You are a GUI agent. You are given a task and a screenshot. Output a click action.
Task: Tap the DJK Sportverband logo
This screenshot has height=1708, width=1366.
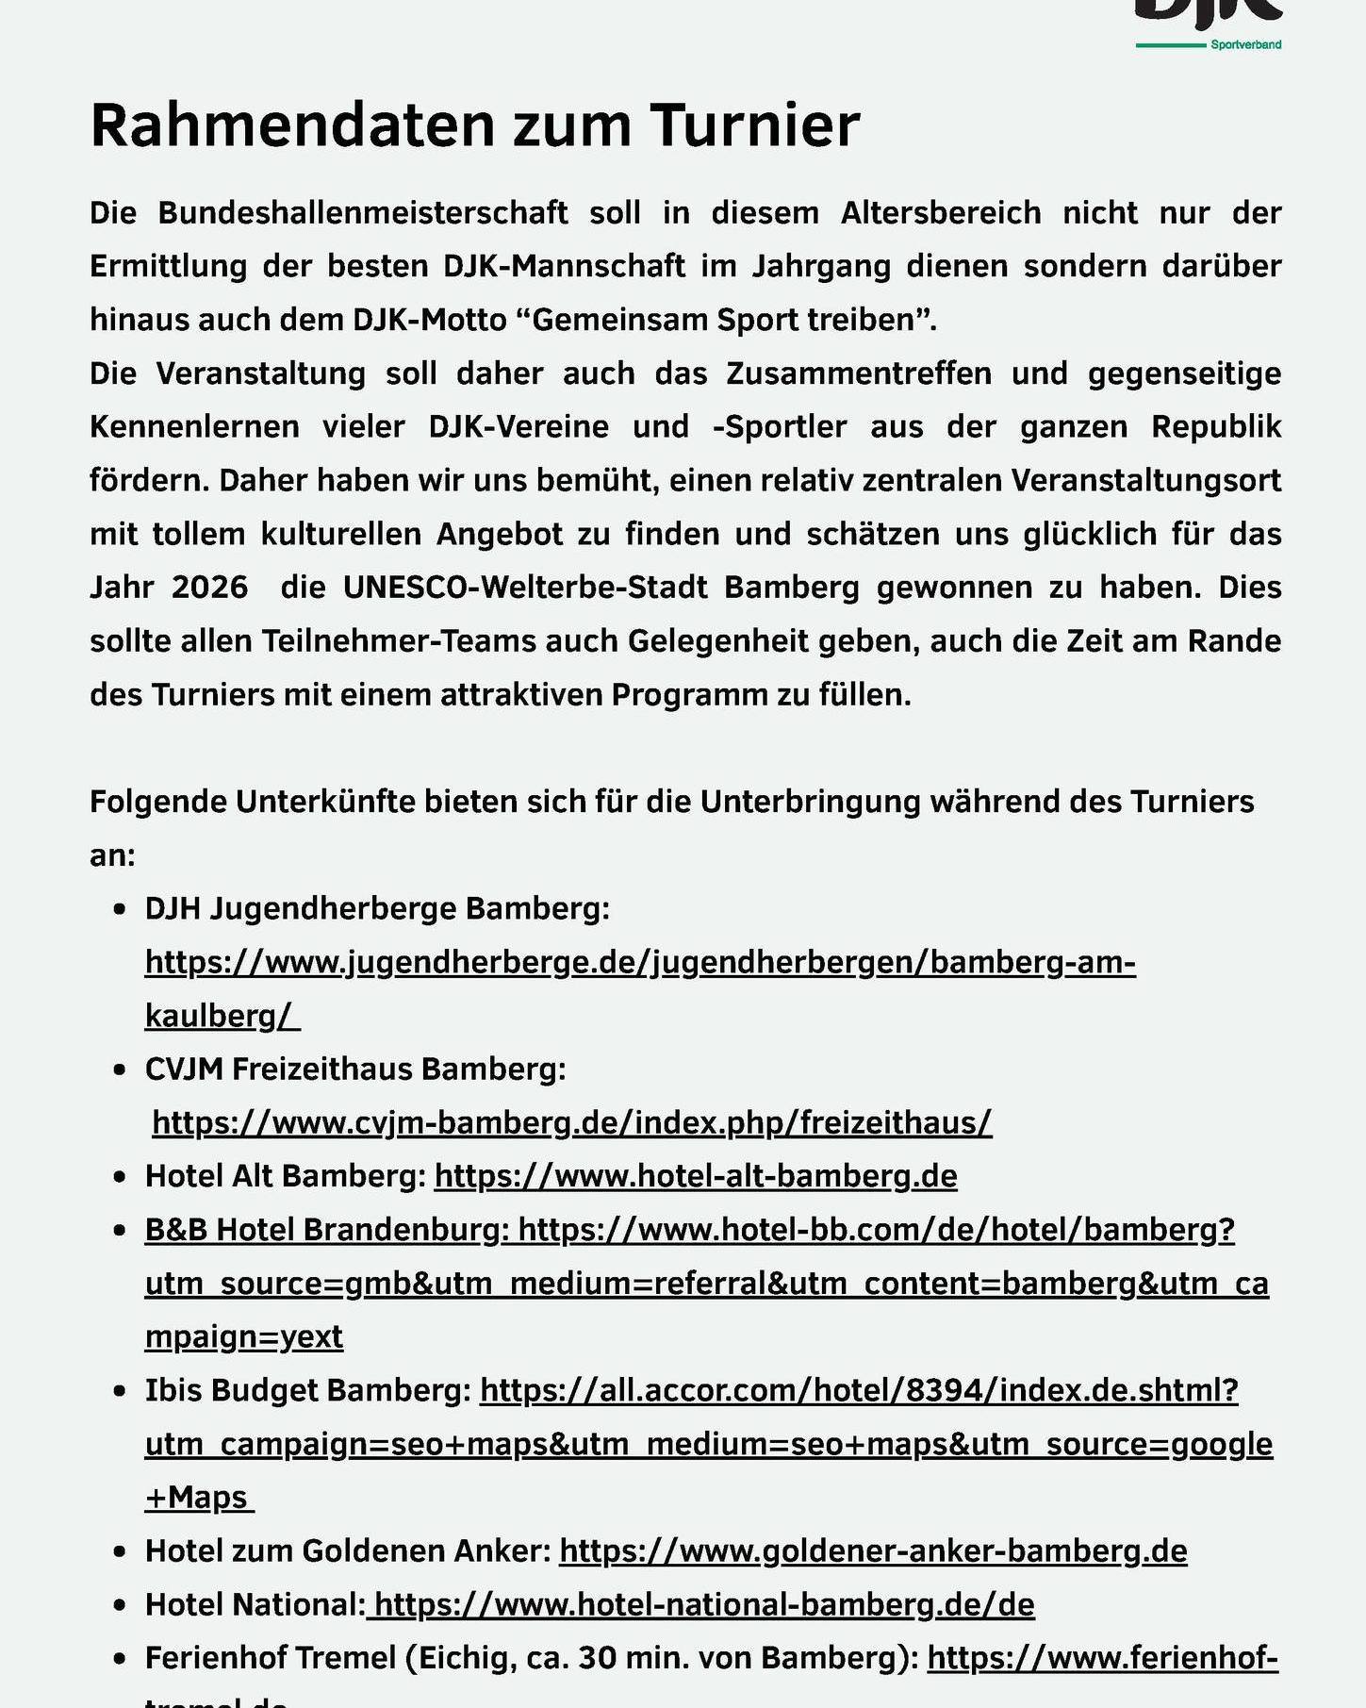coord(1209,24)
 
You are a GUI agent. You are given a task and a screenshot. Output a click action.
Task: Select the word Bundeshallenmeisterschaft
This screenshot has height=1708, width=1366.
coord(362,213)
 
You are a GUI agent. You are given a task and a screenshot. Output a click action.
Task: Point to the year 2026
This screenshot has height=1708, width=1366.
coord(209,588)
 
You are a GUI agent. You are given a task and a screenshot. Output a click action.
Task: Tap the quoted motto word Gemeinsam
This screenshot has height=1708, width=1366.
coord(619,320)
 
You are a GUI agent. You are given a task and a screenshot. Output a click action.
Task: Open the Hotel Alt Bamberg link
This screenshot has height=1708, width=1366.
coord(696,1176)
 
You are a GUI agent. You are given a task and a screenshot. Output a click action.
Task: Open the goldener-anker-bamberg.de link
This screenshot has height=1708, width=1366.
coord(873,1550)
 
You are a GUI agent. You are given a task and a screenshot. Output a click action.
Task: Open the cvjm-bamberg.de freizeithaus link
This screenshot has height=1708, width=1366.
coord(571,1122)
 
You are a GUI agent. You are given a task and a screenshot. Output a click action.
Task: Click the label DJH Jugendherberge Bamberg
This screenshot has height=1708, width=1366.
coord(377,908)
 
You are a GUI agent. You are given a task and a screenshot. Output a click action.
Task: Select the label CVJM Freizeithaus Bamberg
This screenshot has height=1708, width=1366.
coord(355,1069)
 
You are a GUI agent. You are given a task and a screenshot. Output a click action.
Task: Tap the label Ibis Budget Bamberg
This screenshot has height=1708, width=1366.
coord(307,1390)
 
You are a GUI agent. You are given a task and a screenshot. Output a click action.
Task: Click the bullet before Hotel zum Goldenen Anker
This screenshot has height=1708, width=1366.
coord(119,1551)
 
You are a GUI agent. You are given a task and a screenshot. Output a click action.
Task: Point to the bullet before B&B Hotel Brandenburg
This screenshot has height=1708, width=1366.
coord(119,1231)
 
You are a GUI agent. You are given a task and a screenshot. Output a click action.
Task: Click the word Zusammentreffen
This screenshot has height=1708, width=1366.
coord(858,373)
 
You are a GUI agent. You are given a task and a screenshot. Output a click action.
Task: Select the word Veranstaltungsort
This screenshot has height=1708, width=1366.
coord(1145,481)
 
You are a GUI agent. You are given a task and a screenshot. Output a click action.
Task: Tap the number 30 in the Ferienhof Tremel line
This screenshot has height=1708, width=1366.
coord(598,1658)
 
